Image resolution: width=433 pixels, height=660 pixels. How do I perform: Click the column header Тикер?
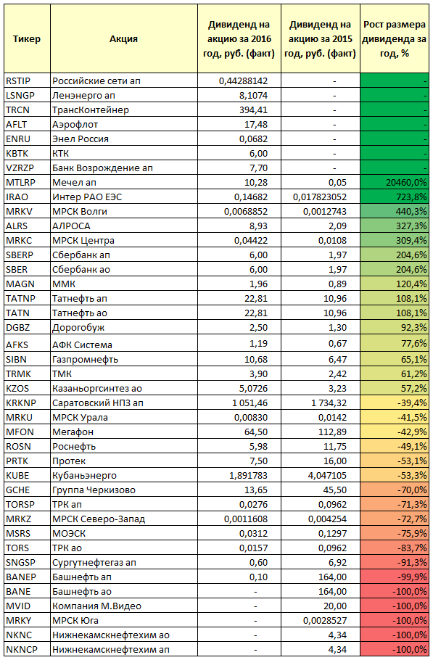[x=27, y=39]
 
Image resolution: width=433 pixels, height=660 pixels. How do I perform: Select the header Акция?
[x=124, y=39]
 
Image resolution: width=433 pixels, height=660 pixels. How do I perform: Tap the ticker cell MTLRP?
[x=21, y=183]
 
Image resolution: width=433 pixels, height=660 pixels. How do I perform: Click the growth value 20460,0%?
[x=406, y=183]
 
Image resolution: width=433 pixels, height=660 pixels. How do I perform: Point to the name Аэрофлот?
[x=75, y=125]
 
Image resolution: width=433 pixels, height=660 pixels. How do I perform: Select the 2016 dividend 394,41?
[x=253, y=110]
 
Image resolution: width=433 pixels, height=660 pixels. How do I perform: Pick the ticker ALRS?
[x=17, y=226]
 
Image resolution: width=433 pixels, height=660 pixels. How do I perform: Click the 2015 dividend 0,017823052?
[x=320, y=197]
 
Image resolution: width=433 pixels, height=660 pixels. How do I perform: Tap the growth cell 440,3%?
[x=411, y=212]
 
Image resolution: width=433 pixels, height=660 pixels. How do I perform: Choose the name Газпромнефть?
[x=85, y=360]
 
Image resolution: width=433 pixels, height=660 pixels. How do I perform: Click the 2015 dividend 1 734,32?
[x=329, y=403]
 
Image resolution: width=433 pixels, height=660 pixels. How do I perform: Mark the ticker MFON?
[x=20, y=432]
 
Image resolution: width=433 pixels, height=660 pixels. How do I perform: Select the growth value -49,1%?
[x=412, y=447]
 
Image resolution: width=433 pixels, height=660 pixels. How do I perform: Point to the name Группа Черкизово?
[x=94, y=490]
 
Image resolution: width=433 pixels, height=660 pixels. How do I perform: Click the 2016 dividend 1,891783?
[x=248, y=476]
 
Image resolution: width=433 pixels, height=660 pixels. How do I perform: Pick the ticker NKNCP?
[x=22, y=650]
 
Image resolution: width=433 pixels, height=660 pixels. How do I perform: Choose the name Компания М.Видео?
[x=96, y=606]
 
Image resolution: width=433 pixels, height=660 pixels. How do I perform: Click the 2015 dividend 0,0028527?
[x=325, y=621]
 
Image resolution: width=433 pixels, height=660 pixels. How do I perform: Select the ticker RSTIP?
[x=18, y=81]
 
